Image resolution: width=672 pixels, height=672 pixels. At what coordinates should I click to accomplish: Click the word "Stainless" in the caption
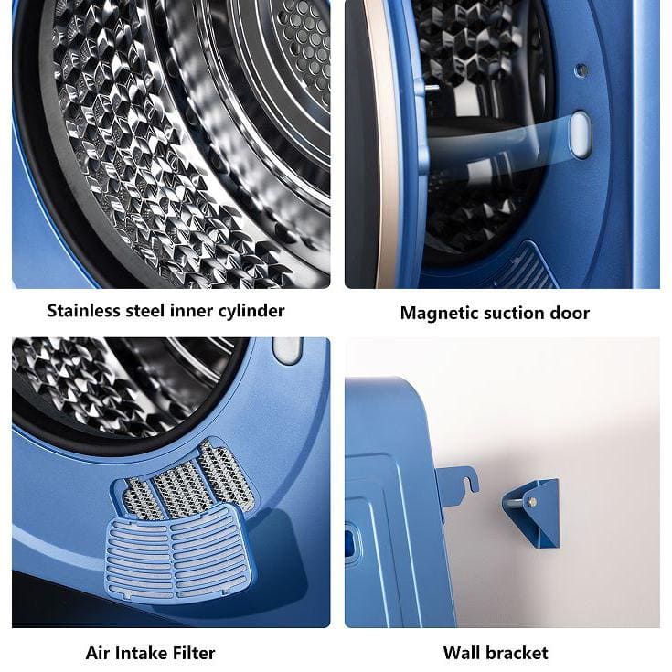tap(83, 310)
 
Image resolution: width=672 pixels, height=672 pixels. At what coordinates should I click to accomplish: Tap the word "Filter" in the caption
tap(190, 653)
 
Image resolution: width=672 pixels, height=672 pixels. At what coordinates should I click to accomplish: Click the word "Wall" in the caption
tap(460, 653)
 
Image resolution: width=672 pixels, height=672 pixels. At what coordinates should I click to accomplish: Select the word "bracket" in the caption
tap(516, 653)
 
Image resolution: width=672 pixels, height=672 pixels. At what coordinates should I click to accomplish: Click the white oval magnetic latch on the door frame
tap(581, 134)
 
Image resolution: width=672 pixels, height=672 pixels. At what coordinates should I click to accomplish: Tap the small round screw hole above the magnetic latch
tap(581, 69)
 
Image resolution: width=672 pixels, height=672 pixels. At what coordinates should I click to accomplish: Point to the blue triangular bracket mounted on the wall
tap(533, 513)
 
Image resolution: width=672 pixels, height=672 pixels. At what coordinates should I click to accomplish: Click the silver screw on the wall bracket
tap(532, 501)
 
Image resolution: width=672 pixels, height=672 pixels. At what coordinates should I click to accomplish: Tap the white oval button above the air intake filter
tap(288, 350)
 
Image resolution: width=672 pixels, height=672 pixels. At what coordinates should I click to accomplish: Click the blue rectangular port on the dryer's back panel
tap(349, 542)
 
